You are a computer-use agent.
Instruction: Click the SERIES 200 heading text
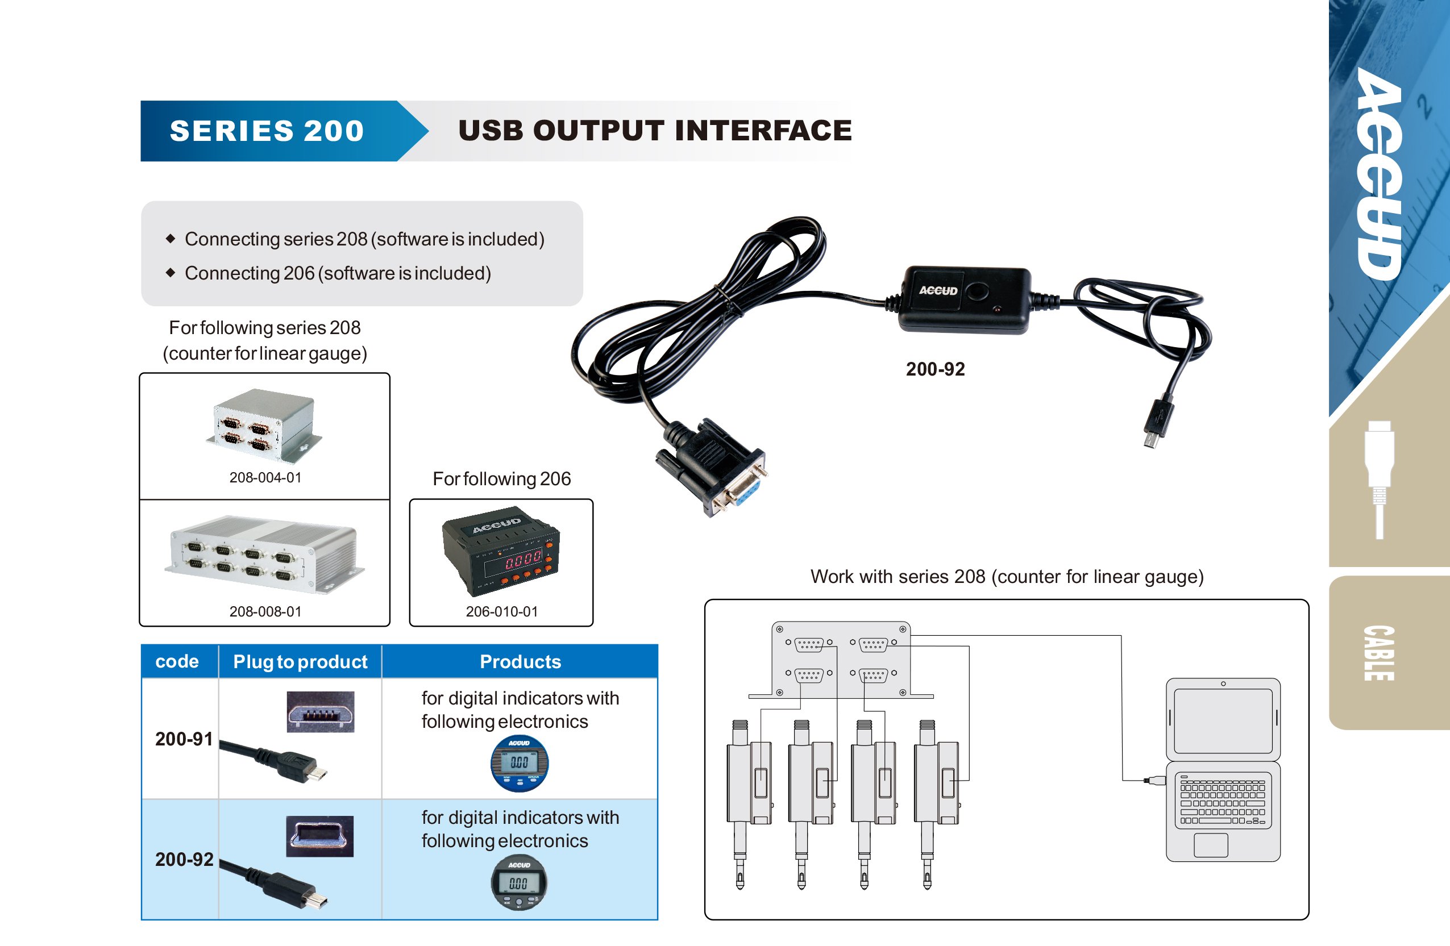[266, 131]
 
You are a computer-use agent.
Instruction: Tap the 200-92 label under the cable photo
[934, 369]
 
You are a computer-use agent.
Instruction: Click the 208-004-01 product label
[265, 478]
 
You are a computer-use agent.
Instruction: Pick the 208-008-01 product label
[265, 611]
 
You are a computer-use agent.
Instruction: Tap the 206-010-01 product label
[501, 611]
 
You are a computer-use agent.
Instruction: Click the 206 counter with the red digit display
[501, 551]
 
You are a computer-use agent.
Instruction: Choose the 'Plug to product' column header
[300, 661]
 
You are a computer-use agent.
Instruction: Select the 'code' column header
[177, 661]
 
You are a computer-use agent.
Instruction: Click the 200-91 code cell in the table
[184, 739]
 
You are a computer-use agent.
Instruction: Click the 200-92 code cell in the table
[184, 860]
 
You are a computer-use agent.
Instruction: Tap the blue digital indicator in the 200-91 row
[519, 763]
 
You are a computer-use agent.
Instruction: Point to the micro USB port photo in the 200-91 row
[321, 712]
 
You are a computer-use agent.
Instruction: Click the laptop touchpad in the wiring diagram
[1210, 845]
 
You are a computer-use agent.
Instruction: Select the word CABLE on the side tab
[1378, 653]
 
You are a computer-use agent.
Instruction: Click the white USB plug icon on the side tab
[1380, 475]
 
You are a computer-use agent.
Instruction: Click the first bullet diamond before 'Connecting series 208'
[171, 238]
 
